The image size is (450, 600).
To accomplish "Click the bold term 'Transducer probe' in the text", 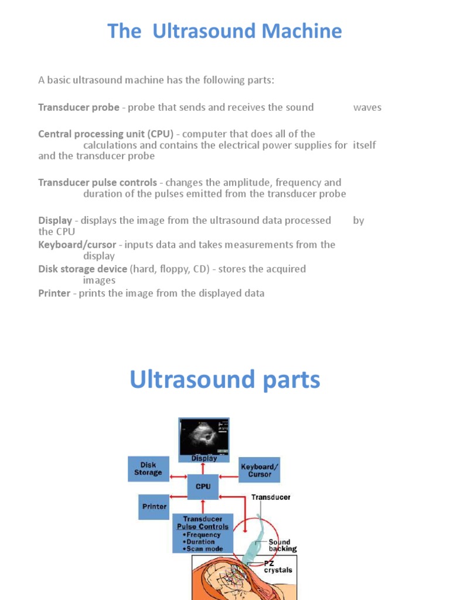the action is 79,107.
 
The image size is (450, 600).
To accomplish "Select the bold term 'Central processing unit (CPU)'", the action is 106,134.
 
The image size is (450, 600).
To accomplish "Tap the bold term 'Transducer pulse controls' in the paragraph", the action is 97,182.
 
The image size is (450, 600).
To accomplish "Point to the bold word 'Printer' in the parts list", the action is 54,293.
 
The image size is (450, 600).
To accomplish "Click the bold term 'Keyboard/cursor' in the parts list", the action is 77,244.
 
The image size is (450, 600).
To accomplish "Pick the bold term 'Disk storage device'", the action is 83,269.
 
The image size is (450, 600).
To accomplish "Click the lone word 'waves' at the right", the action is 367,107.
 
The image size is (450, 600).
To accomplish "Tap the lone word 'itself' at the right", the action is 364,145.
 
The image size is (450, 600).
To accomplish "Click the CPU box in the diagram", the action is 203,487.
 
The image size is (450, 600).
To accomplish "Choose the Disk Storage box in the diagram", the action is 148,469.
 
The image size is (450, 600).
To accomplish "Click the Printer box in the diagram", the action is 154,506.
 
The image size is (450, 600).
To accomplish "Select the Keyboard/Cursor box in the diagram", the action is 260,470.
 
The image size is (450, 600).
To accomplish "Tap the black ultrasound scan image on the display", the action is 203,435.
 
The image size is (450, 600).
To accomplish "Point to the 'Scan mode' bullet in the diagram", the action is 203,549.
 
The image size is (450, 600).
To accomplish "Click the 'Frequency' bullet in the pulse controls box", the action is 203,534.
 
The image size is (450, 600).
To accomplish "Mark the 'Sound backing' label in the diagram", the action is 282,546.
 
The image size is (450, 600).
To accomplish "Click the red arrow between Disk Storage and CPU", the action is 178,478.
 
